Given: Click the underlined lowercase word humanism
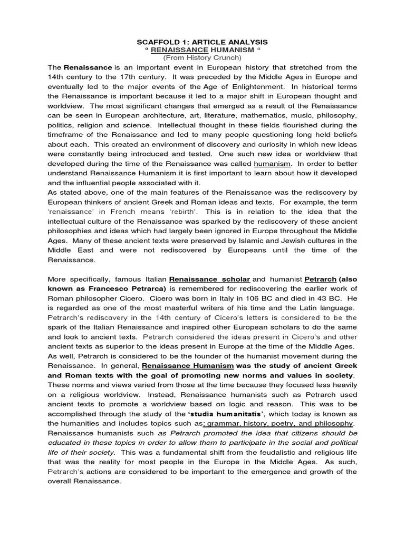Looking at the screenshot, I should pos(272,163).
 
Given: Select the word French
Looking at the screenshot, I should pos(138,212).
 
